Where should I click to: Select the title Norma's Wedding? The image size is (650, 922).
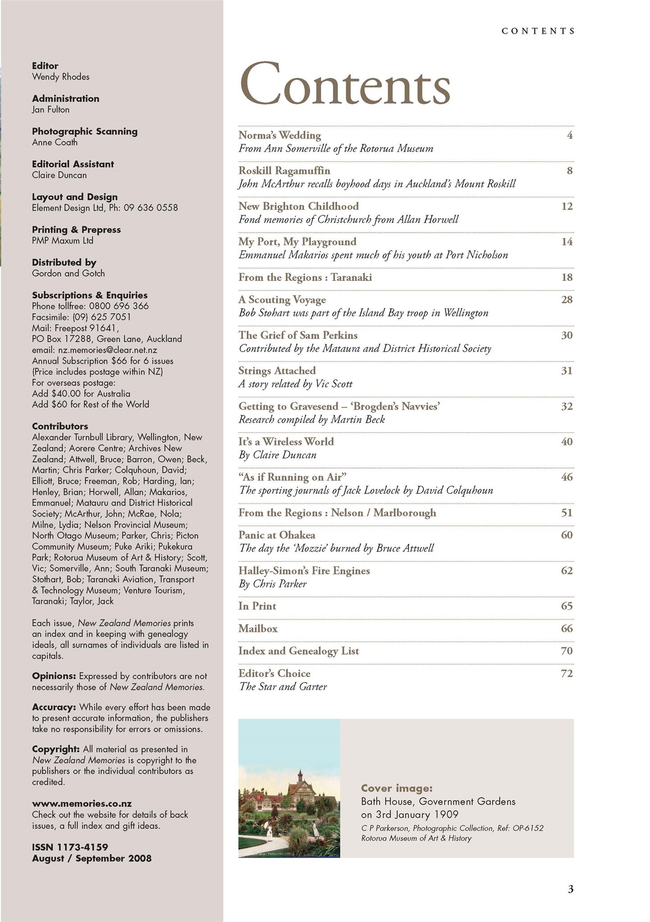(280, 136)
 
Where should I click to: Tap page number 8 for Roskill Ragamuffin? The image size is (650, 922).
(569, 171)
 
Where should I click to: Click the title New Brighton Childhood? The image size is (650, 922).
(299, 207)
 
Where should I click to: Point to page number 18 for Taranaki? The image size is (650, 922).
(567, 278)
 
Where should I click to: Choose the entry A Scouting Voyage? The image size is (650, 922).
(282, 300)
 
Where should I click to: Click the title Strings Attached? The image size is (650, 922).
(277, 371)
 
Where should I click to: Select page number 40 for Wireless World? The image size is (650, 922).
(567, 442)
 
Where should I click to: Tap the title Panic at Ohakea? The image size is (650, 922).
(277, 535)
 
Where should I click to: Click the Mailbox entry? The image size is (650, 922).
(258, 629)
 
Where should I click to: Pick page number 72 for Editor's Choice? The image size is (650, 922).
(567, 674)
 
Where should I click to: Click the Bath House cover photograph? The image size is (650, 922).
(289, 788)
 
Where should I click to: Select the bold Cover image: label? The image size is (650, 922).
(397, 788)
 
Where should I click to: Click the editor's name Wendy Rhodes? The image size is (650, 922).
(61, 77)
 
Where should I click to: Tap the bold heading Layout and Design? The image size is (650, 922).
(75, 197)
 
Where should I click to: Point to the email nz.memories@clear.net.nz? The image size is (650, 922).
(95, 350)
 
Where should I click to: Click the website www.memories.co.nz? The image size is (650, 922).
(82, 804)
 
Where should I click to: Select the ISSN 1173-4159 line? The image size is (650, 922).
(70, 847)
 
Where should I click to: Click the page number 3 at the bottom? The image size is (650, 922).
(570, 890)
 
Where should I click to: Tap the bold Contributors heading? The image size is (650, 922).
(60, 426)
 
